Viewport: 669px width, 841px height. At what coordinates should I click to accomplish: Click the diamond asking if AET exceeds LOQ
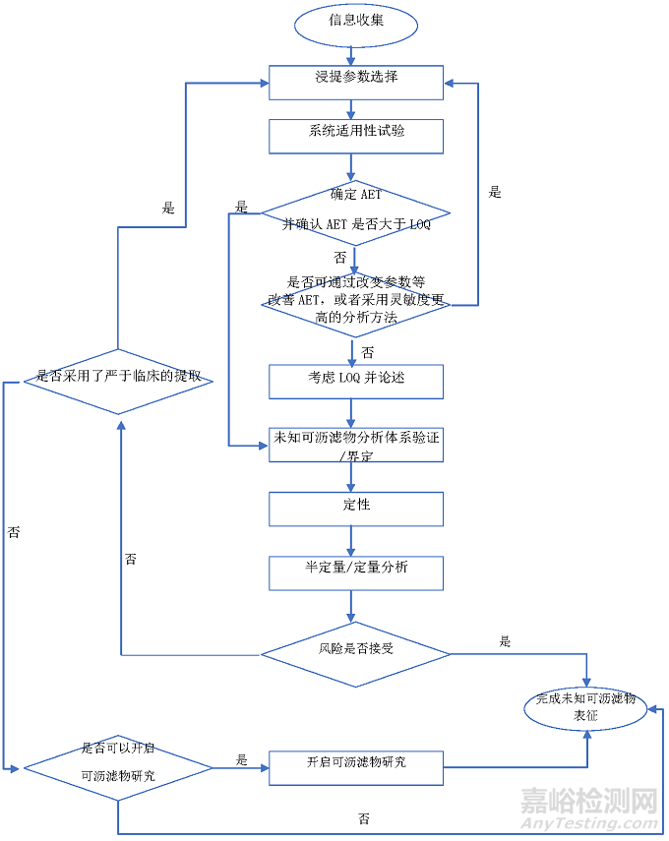point(355,212)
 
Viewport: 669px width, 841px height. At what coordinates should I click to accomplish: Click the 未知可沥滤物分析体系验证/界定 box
point(355,445)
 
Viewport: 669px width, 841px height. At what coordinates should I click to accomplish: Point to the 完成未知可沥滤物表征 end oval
point(586,708)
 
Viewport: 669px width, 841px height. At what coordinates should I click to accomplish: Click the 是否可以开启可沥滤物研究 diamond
point(118,764)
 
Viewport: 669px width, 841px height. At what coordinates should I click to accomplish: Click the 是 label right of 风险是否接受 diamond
point(505,641)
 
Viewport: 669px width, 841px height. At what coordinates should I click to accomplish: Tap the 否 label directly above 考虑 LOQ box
point(367,351)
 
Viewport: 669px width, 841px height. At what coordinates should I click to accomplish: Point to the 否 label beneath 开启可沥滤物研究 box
point(364,818)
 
